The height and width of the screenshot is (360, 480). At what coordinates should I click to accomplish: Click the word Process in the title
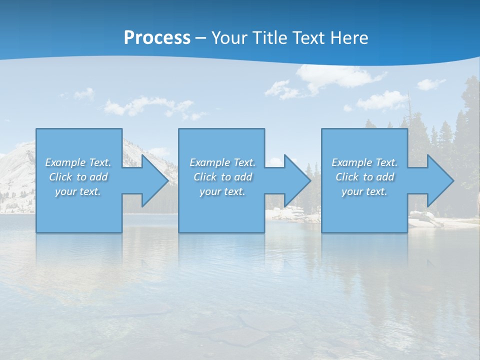(157, 38)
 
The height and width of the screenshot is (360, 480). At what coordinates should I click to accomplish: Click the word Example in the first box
(65, 162)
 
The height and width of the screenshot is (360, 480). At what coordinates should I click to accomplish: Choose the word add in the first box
(98, 177)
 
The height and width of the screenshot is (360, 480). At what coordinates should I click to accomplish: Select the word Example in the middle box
(209, 162)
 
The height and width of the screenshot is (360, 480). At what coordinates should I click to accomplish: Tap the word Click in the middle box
(205, 177)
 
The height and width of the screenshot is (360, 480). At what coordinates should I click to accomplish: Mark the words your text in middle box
(222, 191)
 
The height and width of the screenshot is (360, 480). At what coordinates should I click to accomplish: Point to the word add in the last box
(385, 177)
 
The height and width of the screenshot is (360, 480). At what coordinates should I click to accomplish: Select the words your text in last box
(364, 191)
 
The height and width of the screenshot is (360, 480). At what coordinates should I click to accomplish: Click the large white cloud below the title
(335, 77)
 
